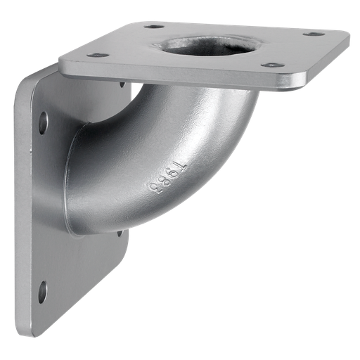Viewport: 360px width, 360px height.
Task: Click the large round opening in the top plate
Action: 205,46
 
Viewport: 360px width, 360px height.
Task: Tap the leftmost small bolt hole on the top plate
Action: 98,55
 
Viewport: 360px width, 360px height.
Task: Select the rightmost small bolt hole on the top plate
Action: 314,33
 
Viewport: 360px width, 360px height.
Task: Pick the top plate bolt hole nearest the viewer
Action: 272,65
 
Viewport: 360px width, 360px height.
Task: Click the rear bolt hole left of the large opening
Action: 154,27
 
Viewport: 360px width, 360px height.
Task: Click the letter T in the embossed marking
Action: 180,167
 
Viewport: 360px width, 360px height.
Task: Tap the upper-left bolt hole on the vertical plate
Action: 43,122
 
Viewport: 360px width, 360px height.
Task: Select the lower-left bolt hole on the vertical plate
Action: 43,291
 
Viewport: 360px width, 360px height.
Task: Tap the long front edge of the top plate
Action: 183,79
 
